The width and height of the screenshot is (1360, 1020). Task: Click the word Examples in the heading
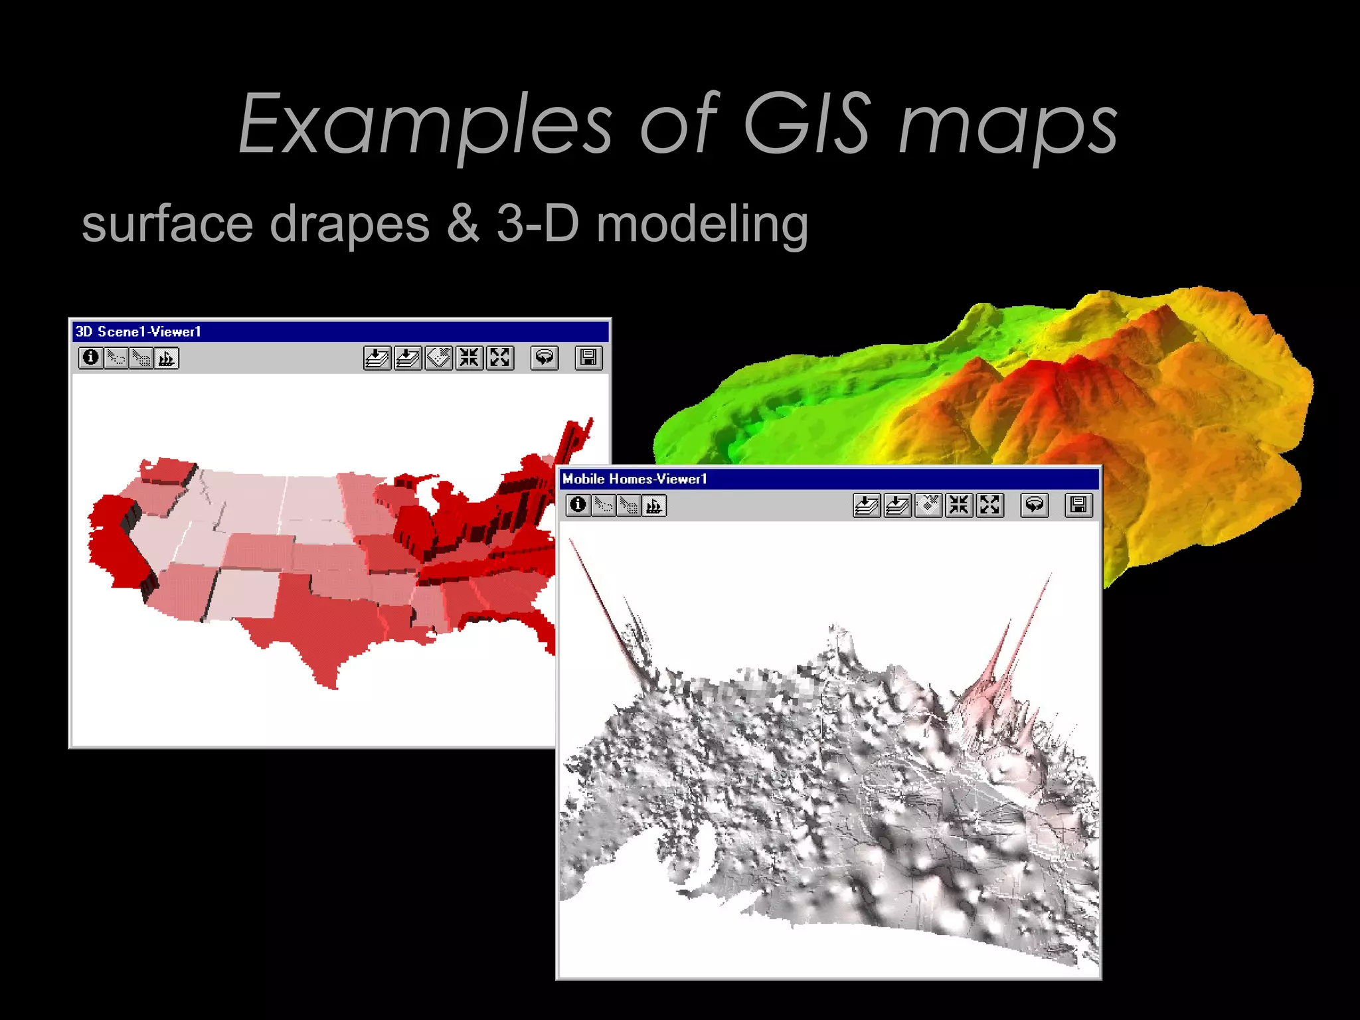click(x=425, y=125)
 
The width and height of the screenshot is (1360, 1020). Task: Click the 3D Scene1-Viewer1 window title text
click(x=138, y=331)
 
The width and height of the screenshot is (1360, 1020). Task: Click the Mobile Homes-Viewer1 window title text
click(x=635, y=479)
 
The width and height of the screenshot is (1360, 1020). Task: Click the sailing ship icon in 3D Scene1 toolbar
click(x=167, y=359)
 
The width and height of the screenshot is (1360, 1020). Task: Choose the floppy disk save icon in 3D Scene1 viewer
click(x=588, y=358)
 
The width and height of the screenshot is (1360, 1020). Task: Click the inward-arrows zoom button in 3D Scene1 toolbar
click(x=469, y=358)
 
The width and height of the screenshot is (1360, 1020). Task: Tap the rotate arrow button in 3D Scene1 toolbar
click(x=545, y=358)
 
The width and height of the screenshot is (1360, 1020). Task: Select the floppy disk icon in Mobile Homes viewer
click(x=1078, y=505)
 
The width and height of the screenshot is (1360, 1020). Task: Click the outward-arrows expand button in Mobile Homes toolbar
click(x=989, y=505)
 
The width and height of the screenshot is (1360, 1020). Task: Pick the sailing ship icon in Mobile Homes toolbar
click(x=654, y=506)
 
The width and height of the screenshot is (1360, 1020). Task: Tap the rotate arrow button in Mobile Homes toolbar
click(x=1034, y=505)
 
